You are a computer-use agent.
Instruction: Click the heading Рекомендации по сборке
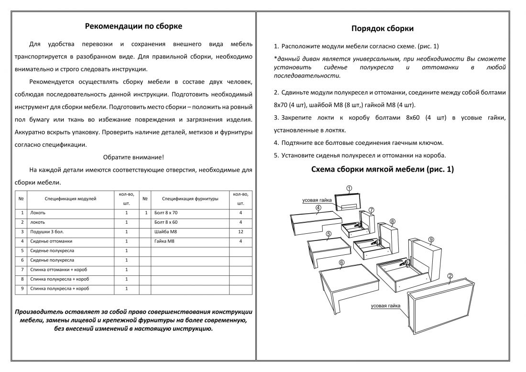click(x=133, y=26)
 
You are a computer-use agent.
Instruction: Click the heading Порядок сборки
click(x=383, y=29)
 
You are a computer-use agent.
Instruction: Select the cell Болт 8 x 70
click(x=166, y=212)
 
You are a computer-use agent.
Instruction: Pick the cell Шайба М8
click(x=164, y=231)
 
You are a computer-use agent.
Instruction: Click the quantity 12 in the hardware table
click(x=241, y=231)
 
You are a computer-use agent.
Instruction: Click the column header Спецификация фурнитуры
click(x=190, y=198)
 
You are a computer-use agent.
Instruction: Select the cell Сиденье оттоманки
click(x=51, y=241)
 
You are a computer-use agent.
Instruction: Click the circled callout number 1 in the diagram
click(x=349, y=189)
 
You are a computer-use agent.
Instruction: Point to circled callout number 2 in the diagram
click(x=450, y=276)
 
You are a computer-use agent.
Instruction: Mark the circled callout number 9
click(x=431, y=239)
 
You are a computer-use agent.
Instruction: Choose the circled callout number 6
click(x=341, y=262)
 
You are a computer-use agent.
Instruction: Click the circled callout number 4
click(x=318, y=208)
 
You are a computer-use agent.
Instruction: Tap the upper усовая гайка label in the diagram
click(x=317, y=200)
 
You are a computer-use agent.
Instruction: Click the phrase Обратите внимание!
click(x=133, y=157)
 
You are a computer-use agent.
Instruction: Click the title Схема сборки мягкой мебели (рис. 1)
click(x=383, y=169)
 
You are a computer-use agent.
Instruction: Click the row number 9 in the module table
click(x=22, y=289)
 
